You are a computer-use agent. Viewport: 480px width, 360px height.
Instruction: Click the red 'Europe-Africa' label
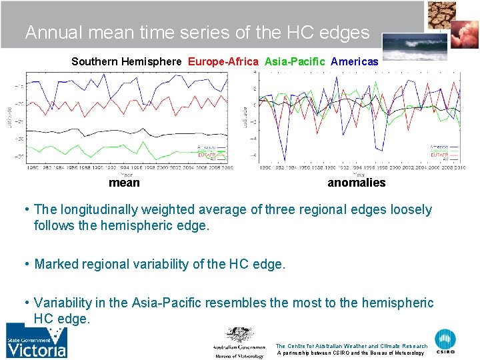click(223, 61)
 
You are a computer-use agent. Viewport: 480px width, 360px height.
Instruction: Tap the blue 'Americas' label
click(355, 61)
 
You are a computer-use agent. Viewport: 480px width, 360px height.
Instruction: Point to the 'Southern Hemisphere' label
click(126, 61)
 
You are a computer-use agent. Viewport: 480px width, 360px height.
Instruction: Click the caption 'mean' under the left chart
click(124, 183)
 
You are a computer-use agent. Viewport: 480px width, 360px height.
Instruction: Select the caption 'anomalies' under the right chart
click(356, 183)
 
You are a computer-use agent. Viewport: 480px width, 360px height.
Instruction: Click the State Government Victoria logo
click(37, 341)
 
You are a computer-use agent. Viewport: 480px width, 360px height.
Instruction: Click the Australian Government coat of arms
click(239, 335)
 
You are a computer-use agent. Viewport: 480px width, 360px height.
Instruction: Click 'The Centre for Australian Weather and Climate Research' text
click(351, 346)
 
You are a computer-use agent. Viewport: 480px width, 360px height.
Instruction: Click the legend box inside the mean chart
click(211, 153)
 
